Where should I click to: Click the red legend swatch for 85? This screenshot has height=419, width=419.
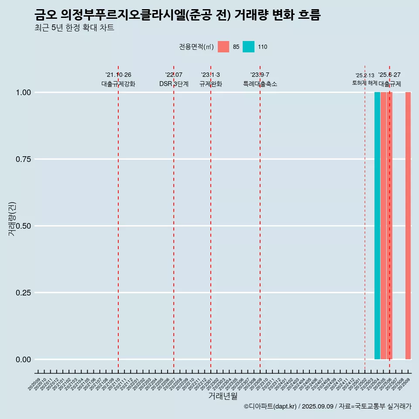click(x=223, y=47)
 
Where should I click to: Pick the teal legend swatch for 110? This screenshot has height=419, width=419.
click(x=248, y=47)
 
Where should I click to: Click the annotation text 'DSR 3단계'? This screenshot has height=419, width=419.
click(x=174, y=84)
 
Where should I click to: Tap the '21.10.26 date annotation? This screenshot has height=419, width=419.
click(x=118, y=75)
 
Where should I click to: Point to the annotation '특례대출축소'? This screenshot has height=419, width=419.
click(x=260, y=84)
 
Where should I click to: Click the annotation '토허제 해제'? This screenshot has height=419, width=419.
click(x=364, y=82)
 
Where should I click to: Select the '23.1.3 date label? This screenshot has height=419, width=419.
click(x=210, y=75)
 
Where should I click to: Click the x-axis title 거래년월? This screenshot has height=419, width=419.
click(x=223, y=396)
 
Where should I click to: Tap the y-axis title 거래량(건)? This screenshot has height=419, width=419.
click(x=12, y=218)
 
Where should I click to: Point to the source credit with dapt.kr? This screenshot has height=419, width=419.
click(x=327, y=406)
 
